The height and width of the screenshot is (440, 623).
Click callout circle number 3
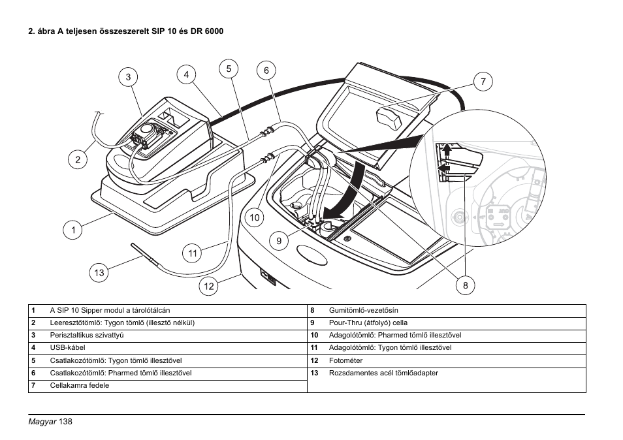pos(129,77)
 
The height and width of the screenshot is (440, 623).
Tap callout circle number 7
pos(483,82)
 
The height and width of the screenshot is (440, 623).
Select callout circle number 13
pos(99,273)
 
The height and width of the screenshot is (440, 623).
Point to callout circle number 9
pos(278,241)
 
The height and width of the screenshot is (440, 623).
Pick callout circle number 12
pos(208,285)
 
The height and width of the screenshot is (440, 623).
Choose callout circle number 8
pos(466,285)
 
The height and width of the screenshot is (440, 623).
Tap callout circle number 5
pos(229,68)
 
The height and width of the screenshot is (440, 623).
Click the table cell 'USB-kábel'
pos(67,348)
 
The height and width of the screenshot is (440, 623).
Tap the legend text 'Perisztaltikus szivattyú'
pos(87,336)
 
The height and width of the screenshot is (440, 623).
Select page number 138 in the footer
pos(65,422)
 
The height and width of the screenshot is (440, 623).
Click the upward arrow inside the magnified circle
pos(447,151)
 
